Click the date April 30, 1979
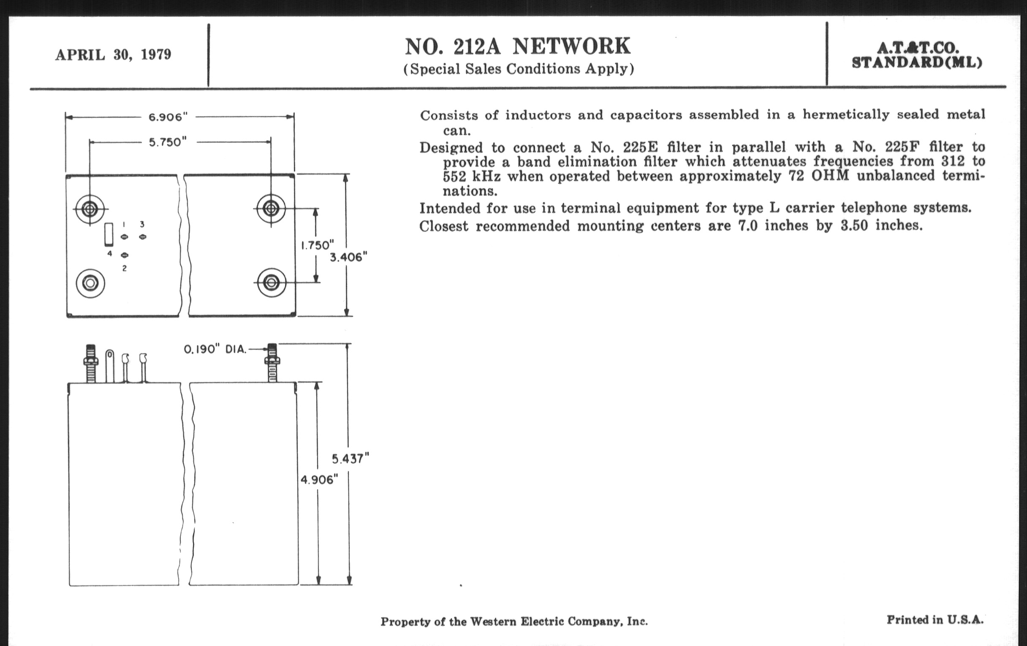point(113,55)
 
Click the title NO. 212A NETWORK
point(517,46)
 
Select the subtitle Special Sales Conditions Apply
point(519,69)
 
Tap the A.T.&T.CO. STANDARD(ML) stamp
point(917,55)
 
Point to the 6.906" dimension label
point(168,117)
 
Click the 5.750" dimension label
point(168,142)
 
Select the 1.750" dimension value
point(317,245)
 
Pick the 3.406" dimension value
point(348,257)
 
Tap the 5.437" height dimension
point(350,459)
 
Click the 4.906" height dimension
point(319,480)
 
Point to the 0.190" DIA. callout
point(215,350)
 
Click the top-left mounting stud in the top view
point(90,209)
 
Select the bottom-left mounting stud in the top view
point(90,283)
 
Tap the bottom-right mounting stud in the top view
point(271,282)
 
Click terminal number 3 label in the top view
point(142,224)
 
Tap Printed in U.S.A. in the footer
point(935,619)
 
